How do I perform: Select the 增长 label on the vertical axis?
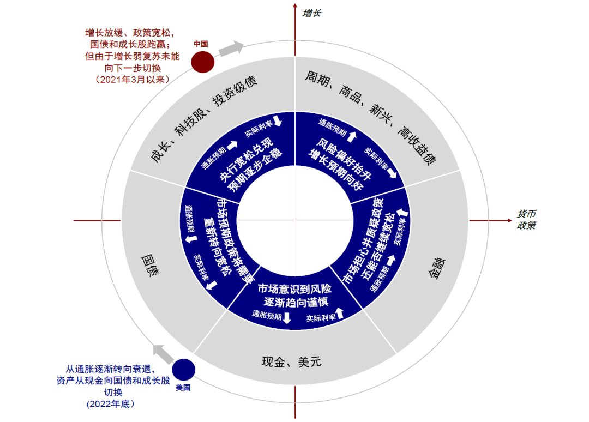(312, 12)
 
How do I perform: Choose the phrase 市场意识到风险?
(294, 289)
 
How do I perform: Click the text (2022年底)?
(110, 404)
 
